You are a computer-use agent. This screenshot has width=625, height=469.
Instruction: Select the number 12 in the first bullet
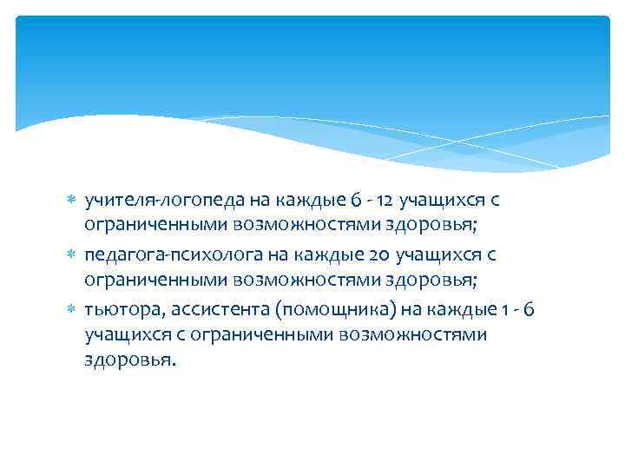click(387, 201)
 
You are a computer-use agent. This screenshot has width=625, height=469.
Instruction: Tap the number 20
click(380, 255)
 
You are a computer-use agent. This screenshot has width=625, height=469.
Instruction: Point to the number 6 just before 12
click(356, 201)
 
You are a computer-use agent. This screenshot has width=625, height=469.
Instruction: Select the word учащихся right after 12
click(443, 201)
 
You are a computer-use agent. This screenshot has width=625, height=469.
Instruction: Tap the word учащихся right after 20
click(437, 255)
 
